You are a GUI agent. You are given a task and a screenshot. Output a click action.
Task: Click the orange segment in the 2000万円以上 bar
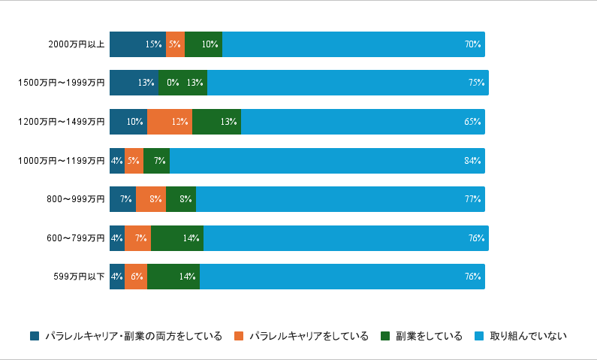click(x=175, y=44)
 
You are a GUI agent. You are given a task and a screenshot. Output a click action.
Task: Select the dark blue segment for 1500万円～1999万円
click(x=134, y=83)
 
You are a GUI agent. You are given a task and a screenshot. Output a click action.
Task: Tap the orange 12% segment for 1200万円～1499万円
click(x=170, y=122)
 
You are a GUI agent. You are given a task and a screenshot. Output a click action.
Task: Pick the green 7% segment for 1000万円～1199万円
click(x=156, y=161)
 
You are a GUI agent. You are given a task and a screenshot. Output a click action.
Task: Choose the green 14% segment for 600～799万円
click(x=177, y=238)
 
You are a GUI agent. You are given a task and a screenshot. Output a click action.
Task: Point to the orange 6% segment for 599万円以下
click(x=136, y=277)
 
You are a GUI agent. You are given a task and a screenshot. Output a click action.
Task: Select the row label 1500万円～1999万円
click(x=61, y=83)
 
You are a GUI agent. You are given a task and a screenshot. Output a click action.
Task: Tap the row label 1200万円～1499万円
click(x=61, y=122)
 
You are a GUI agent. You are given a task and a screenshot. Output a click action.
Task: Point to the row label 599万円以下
click(x=79, y=277)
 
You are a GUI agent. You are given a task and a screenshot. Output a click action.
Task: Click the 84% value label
click(x=472, y=161)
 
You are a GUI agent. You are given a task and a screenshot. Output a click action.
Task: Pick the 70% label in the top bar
click(x=472, y=44)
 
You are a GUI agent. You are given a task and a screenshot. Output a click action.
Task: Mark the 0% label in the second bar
click(x=173, y=83)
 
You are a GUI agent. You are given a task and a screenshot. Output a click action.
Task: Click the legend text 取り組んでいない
click(x=529, y=336)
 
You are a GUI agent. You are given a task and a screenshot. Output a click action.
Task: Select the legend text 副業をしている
click(x=429, y=336)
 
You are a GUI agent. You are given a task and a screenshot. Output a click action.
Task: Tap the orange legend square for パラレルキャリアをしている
click(x=239, y=336)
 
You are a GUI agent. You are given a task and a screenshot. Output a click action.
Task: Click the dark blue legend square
click(x=35, y=336)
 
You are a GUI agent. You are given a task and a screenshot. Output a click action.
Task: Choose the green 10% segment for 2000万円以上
click(x=204, y=44)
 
